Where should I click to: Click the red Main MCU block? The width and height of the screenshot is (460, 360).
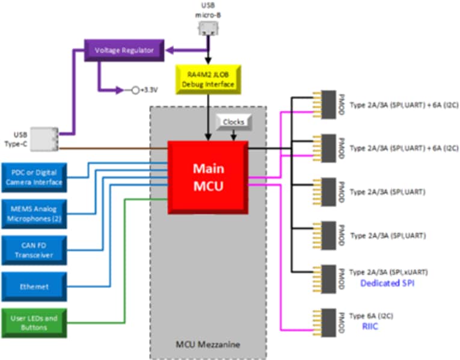[208, 177]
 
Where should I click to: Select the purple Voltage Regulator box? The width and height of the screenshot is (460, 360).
[123, 50]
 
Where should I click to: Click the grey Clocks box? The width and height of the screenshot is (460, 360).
[233, 122]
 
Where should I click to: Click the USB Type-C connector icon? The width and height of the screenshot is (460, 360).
[44, 139]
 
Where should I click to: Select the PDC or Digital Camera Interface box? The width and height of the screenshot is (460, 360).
[34, 178]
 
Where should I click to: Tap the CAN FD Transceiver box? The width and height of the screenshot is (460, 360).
[34, 249]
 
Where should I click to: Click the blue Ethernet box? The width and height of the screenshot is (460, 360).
[34, 287]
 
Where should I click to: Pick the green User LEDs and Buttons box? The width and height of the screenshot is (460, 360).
[34, 323]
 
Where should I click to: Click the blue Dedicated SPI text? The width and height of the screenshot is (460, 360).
[387, 283]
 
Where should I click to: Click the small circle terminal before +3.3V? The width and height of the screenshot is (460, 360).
[135, 90]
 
